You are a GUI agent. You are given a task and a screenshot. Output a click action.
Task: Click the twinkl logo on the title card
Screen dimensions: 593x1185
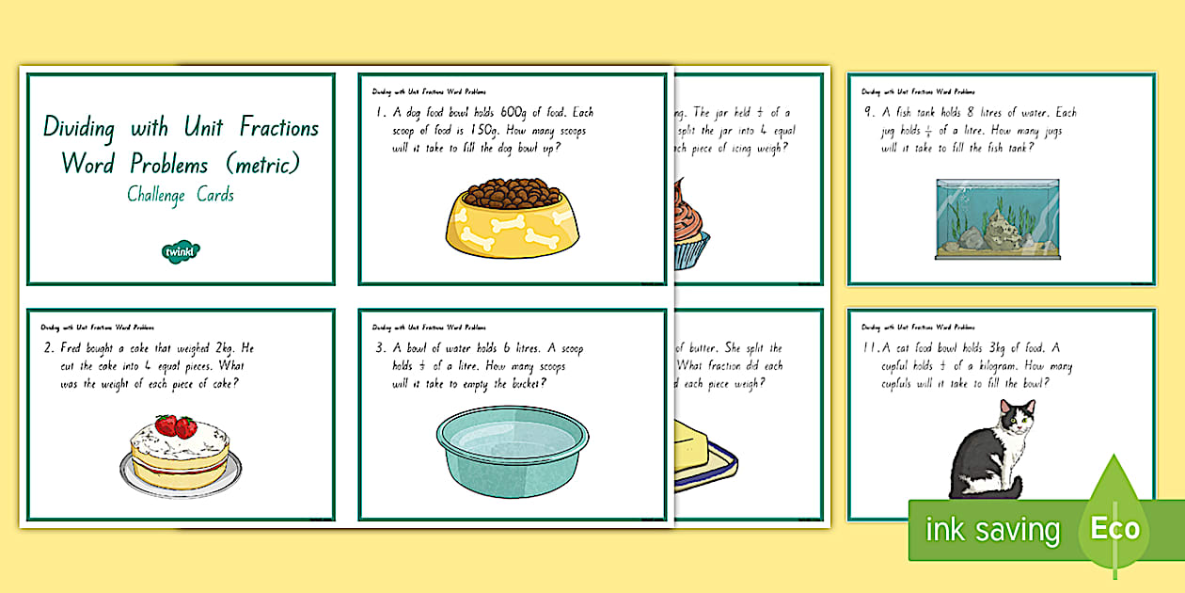point(180,250)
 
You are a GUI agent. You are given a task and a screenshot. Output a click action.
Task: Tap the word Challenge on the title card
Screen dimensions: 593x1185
point(156,196)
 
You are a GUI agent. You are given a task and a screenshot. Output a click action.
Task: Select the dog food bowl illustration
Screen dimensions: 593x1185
point(513,219)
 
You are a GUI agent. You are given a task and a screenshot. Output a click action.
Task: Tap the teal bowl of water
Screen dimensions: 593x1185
point(513,450)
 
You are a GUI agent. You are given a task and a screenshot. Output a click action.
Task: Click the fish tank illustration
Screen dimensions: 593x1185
point(997,218)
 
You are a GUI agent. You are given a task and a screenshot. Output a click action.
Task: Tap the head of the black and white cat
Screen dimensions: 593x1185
point(1017,414)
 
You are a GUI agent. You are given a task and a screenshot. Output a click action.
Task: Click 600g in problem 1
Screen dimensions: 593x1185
point(529,113)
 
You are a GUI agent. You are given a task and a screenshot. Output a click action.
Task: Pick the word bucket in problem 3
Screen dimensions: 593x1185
point(521,383)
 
